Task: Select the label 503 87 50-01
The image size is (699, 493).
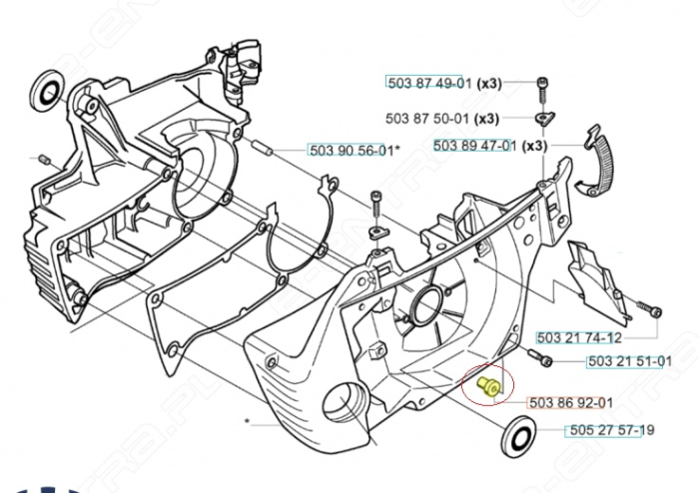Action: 430,118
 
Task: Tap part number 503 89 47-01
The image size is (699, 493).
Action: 474,146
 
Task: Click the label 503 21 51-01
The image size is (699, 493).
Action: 628,361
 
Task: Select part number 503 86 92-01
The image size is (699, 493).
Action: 571,403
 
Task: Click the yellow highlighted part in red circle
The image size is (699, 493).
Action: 489,385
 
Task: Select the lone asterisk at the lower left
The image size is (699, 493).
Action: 247,422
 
